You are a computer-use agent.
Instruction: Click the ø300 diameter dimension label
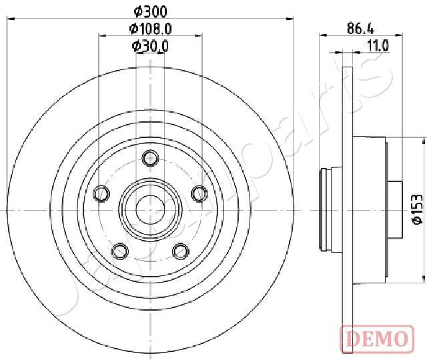149,11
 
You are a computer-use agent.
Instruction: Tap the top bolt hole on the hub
150,158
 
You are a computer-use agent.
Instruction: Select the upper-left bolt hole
101,193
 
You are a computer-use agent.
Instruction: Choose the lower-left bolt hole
120,251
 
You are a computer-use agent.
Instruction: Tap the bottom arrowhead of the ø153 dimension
425,278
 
